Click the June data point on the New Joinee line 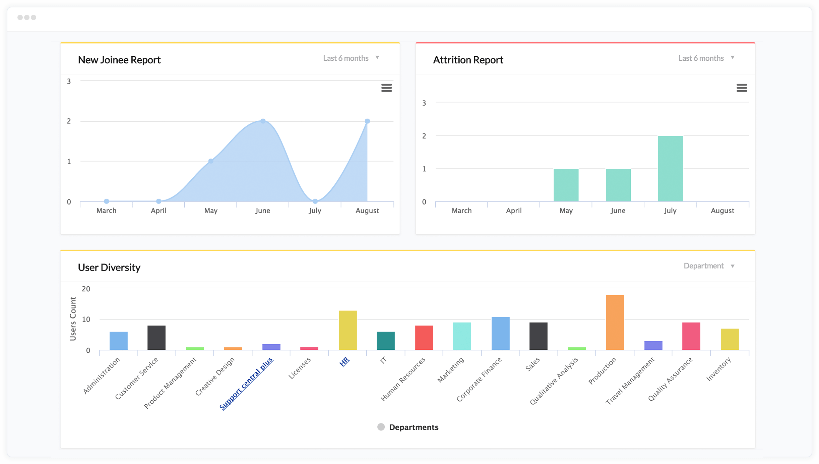[263, 121]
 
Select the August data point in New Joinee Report [367, 121]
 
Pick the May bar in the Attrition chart [566, 185]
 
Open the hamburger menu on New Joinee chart [386, 88]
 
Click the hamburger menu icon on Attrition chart [742, 88]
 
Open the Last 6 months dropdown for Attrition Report [706, 58]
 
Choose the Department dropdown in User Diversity [709, 266]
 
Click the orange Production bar [615, 323]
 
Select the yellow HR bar [348, 330]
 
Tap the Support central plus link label [246, 384]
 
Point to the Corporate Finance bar [500, 333]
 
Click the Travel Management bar [653, 346]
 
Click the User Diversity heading [109, 268]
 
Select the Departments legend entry [408, 427]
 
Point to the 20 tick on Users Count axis [86, 289]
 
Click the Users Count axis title [73, 319]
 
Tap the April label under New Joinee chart [159, 211]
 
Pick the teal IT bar [385, 341]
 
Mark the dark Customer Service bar [156, 338]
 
